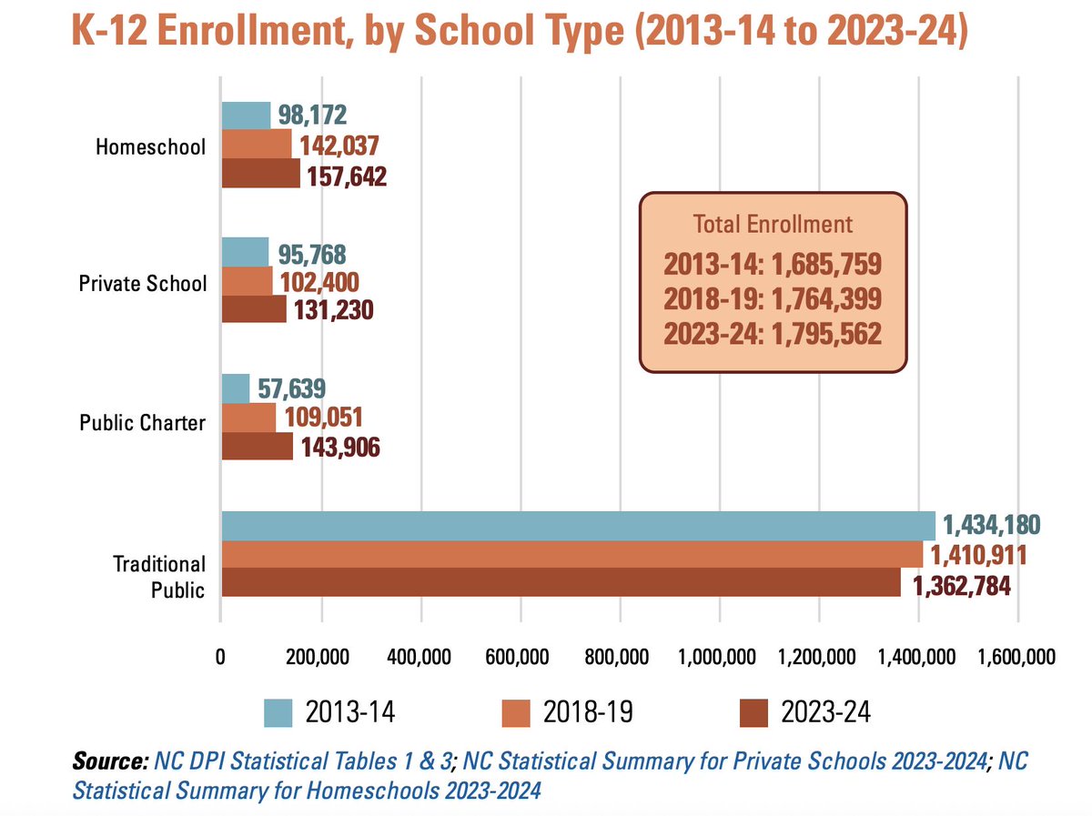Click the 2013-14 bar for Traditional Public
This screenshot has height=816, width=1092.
578,526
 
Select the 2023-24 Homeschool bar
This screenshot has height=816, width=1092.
260,173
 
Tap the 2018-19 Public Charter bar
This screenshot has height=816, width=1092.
248,418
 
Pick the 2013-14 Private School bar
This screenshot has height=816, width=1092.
245,252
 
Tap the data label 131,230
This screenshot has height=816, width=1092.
330,310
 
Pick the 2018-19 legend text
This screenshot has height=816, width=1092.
579,711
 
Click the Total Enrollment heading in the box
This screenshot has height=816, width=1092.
773,224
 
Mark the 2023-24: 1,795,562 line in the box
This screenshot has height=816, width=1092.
773,334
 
